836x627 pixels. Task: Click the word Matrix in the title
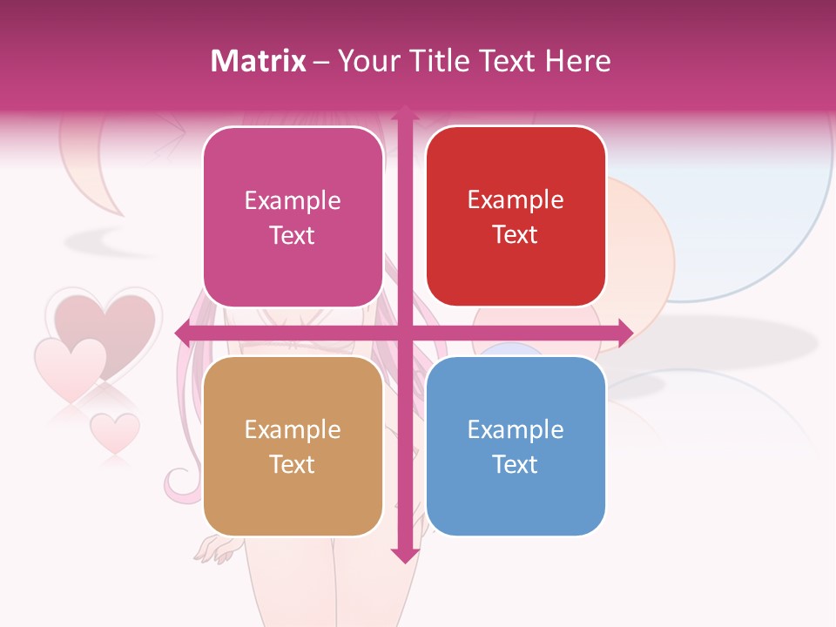pyautogui.click(x=259, y=60)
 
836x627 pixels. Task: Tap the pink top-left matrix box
pyautogui.click(x=293, y=217)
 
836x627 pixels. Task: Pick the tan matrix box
pyautogui.click(x=293, y=446)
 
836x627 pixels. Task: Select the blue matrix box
pyautogui.click(x=516, y=446)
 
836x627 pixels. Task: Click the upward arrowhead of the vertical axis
pyautogui.click(x=404, y=112)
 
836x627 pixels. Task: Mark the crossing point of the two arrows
pyautogui.click(x=404, y=332)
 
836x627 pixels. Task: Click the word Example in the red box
pyautogui.click(x=516, y=199)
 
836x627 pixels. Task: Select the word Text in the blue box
pyautogui.click(x=516, y=464)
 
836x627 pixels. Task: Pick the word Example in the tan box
pyautogui.click(x=293, y=429)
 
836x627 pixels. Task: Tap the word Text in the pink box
pyautogui.click(x=293, y=235)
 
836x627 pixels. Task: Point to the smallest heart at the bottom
pyautogui.click(x=115, y=431)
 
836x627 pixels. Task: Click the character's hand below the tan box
pyautogui.click(x=214, y=549)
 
